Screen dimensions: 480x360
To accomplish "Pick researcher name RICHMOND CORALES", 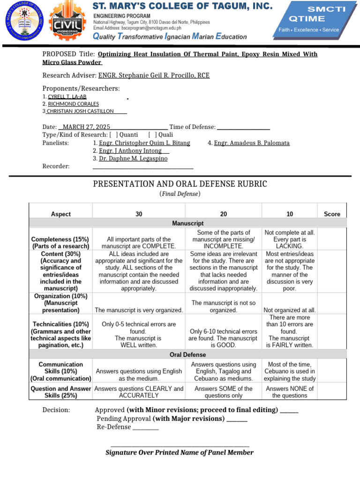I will click(73, 104).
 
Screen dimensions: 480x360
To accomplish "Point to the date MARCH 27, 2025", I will click(86, 127).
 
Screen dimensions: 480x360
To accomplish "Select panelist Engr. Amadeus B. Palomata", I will click(252, 143).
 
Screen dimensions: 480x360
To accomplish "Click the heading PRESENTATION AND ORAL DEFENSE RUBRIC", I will click(180, 184).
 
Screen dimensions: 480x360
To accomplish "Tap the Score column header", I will click(332, 214).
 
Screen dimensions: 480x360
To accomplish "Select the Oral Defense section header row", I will click(188, 355).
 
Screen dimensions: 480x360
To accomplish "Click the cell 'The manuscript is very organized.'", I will click(139, 310).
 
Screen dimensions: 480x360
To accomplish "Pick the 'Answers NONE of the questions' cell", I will click(290, 392).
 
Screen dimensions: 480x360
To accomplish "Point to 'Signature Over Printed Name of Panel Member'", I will click(180, 452).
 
